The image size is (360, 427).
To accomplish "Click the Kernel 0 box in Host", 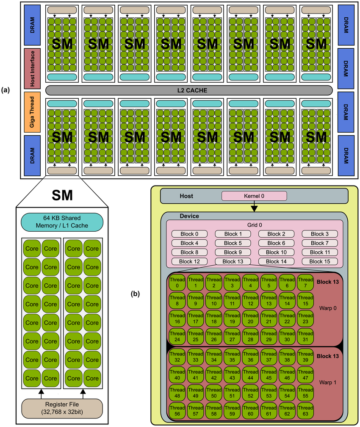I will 254,196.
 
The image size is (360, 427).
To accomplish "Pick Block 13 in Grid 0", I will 233,261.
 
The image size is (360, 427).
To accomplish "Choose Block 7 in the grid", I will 319,243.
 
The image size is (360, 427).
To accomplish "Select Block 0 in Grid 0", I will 189,234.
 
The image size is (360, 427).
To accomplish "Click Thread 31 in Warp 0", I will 305,336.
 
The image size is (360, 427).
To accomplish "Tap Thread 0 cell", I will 177,282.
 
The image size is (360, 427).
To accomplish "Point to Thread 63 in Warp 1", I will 305,411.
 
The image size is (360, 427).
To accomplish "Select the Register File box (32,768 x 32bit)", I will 62,408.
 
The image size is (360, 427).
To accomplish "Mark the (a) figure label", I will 6,90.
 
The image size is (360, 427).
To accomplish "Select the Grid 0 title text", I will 254,225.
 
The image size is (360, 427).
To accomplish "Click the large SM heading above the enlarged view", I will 62,195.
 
